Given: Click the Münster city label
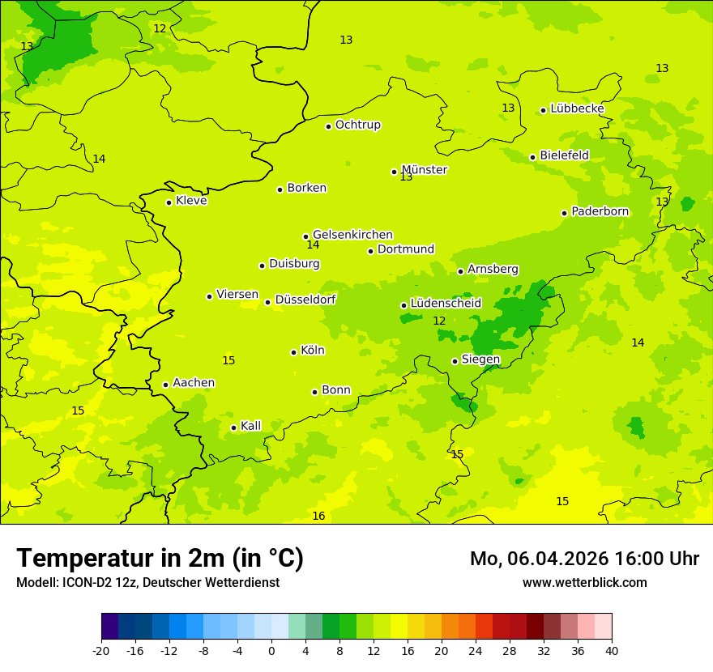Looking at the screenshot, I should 424,170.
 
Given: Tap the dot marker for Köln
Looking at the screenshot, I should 293,352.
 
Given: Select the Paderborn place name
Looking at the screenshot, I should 600,211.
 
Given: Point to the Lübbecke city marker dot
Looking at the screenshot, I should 543,110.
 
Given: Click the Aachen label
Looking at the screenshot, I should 194,383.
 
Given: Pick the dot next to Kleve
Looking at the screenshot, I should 169,202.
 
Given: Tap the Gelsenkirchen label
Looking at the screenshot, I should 352,235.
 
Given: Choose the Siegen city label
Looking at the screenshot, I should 480,359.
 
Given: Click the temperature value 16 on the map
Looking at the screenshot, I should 318,517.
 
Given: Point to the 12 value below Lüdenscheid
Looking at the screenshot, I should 439,321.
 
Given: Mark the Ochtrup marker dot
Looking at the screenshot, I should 328,126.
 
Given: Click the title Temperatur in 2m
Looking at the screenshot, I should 160,559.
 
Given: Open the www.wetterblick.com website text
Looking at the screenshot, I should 584,583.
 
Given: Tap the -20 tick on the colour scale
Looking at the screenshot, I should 101,651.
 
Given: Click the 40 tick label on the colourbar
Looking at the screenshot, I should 612,651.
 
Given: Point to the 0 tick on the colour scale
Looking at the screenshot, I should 271,651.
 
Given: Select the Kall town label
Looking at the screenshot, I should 251,426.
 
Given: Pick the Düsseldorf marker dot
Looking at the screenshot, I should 267,302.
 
